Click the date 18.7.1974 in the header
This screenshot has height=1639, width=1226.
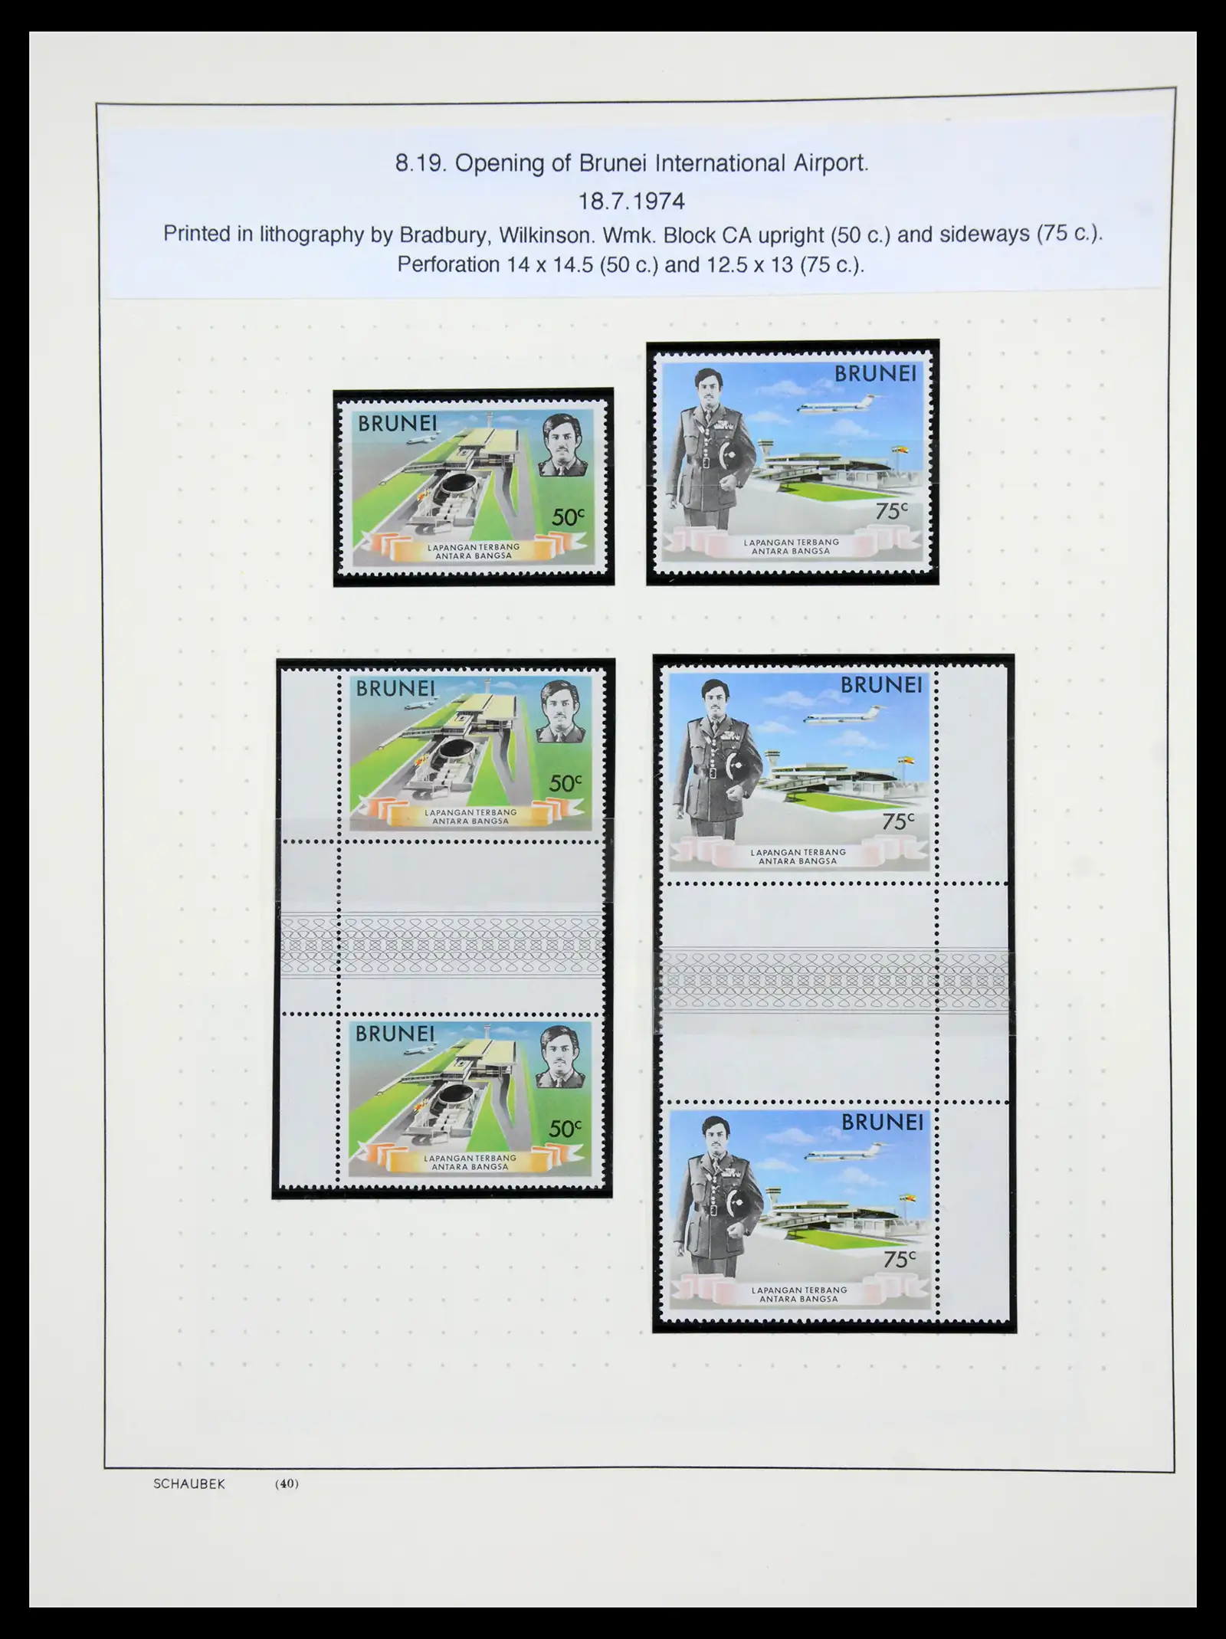point(631,201)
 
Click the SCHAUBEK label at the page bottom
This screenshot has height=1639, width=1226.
point(189,1483)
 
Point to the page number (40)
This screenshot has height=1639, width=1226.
point(287,1483)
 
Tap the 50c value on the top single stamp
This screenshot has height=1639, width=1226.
point(567,518)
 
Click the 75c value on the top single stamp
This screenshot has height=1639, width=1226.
point(891,511)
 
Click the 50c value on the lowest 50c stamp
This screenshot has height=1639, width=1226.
point(565,1129)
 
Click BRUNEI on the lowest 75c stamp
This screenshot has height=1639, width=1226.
point(883,1123)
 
